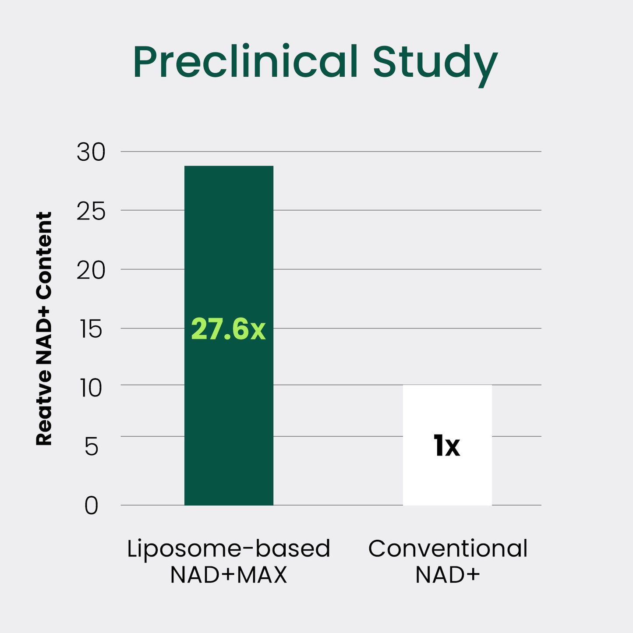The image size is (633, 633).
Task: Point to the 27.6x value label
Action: [228, 329]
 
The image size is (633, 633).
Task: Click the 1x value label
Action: [446, 446]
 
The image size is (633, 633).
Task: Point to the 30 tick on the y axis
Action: [91, 152]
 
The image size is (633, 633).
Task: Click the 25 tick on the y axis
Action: [91, 212]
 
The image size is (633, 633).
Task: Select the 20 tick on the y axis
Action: [91, 271]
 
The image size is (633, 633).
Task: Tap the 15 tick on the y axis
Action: [91, 329]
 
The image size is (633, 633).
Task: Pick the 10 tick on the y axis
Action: [91, 388]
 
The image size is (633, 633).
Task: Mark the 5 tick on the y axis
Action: [91, 447]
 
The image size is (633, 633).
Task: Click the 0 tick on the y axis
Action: [91, 506]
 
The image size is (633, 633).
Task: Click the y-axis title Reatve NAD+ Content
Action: [44, 329]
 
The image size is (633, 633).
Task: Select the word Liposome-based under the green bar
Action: [228, 549]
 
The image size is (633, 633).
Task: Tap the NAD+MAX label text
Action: [228, 575]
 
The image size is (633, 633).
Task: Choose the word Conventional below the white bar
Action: [448, 548]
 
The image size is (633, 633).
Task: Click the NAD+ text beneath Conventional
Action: [447, 575]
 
